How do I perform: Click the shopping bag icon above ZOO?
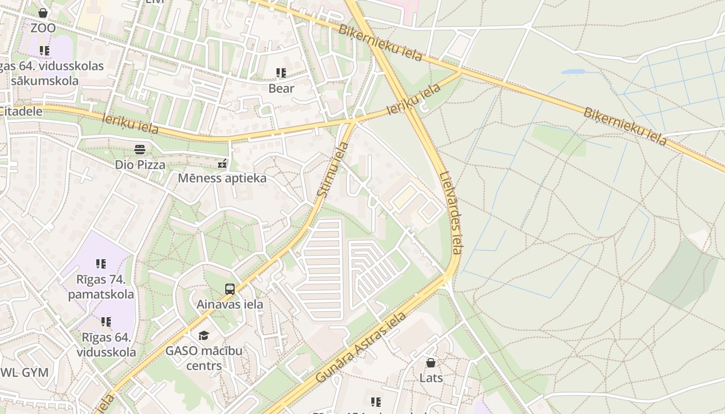point(43,13)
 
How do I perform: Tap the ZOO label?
point(43,28)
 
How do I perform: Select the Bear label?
point(281,88)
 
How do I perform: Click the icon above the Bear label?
point(281,73)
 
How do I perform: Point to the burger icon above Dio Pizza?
point(140,150)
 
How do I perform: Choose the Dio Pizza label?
point(140,165)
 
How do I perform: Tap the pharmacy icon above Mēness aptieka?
point(222,164)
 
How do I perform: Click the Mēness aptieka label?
point(222,178)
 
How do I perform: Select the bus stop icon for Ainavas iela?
point(230,289)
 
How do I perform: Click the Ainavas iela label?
point(230,304)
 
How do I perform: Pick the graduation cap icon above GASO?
point(204,336)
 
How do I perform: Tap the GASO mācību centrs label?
point(204,358)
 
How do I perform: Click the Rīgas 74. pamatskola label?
point(101,287)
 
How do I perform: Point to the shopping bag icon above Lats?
point(431,363)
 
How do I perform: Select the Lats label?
point(431,378)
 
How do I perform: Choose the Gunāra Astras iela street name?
point(361,347)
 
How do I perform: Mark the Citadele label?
point(20,111)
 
